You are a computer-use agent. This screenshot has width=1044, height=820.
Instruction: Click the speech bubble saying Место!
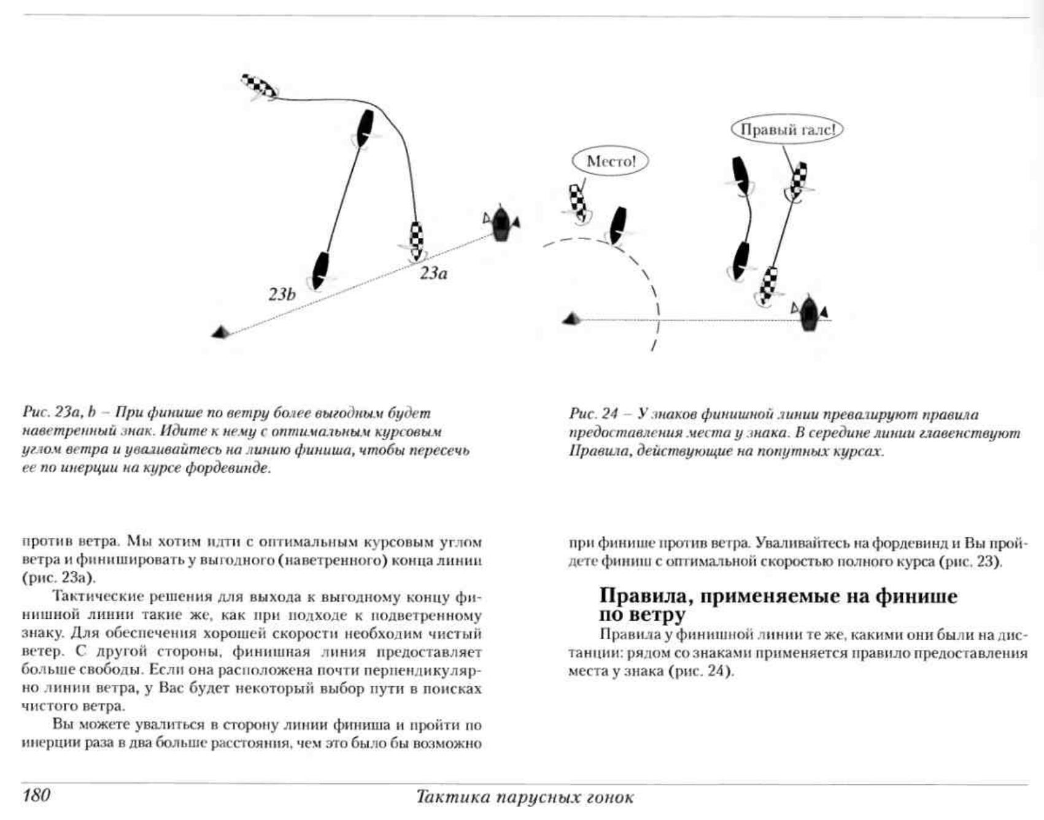pos(610,161)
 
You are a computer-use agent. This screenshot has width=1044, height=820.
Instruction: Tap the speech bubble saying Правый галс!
pos(787,130)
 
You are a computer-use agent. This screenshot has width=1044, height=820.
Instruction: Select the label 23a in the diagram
pos(433,274)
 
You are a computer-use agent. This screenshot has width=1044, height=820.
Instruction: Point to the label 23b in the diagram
pos(282,295)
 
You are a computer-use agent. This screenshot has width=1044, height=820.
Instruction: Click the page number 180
pos(36,795)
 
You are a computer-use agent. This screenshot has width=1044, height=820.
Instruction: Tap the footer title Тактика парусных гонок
pos(525,797)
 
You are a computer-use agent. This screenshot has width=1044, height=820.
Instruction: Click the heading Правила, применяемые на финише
pos(778,596)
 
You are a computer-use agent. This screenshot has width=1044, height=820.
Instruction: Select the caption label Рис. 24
pos(592,414)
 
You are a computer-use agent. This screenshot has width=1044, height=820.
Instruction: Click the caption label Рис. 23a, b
pos(61,413)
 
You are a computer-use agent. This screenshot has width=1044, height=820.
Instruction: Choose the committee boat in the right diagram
pos(810,313)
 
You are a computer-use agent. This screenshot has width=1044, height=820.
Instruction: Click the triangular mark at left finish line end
pos(220,332)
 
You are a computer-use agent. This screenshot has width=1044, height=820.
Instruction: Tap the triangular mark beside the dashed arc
pos(571,318)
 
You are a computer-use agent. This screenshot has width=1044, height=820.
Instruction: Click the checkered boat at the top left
pos(258,86)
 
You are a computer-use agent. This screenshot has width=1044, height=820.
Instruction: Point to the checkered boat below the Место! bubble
pos(578,202)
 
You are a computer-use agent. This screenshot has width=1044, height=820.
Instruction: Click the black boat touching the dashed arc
pos(617,225)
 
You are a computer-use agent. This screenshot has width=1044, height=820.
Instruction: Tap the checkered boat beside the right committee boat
pos(767,285)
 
